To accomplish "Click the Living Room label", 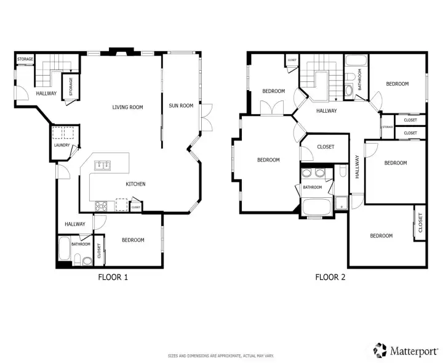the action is coord(127,107).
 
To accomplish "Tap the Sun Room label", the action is coord(181,105).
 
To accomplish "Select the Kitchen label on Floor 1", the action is coord(135,184).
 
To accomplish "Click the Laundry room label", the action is coord(62,145).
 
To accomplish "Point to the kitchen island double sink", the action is coord(103,165).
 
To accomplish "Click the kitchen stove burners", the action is coord(101,206).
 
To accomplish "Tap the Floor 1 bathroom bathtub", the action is coord(64,249).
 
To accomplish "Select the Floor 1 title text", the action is coord(113,277).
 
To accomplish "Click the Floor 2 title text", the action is coord(330,277).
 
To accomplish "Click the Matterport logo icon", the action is coord(380,350).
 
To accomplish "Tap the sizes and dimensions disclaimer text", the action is coord(221,356).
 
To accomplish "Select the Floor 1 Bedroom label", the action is coord(133,240).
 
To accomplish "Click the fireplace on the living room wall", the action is coord(121,52).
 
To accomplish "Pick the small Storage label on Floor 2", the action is coord(388,127).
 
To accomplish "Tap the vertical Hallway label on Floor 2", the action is coord(357,167).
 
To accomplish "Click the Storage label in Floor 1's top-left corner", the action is coord(25,59).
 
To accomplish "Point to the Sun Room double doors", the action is coord(207,118).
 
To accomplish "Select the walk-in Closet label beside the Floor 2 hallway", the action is coord(325,147).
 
